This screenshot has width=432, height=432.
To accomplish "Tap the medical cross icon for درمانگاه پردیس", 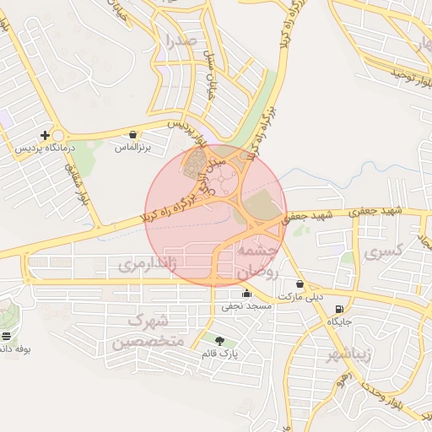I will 46,135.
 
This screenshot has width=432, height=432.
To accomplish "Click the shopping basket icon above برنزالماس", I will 133,135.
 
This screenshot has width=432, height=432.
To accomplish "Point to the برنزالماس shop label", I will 132,148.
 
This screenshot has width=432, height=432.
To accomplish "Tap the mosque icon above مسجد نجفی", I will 246,294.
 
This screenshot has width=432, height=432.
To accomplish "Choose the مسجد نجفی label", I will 246,306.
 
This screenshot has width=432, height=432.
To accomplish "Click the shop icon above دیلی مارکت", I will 300,284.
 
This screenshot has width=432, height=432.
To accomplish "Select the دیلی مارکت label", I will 301,297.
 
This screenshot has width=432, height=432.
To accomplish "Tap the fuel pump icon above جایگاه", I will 339,310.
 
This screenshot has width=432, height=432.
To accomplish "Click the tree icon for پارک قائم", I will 220,341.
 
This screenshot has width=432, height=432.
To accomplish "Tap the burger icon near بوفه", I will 7,336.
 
